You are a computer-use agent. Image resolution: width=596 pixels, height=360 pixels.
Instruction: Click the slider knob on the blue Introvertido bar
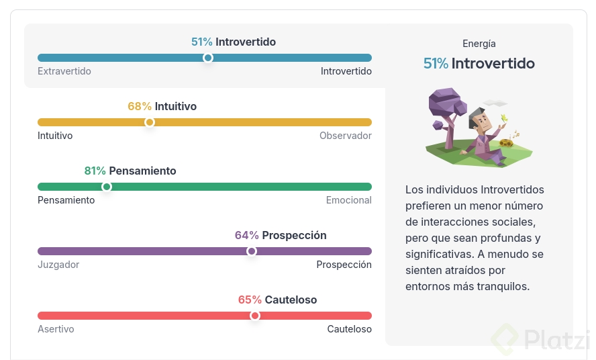pyautogui.click(x=208, y=58)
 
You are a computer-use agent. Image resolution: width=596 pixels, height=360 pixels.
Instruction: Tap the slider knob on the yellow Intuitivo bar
pyautogui.click(x=150, y=122)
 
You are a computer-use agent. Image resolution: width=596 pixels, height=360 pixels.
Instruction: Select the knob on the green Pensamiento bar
pyautogui.click(x=107, y=187)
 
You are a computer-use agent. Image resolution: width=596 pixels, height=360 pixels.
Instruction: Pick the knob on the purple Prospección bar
pyautogui.click(x=251, y=251)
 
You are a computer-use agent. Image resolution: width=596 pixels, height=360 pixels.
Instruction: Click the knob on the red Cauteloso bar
pyautogui.click(x=255, y=316)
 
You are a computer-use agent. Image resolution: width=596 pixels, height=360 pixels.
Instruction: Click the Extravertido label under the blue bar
pyautogui.click(x=64, y=71)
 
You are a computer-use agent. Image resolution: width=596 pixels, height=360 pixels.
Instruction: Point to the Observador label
pyautogui.click(x=346, y=136)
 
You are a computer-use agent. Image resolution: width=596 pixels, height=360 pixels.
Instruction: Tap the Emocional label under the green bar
pyautogui.click(x=348, y=200)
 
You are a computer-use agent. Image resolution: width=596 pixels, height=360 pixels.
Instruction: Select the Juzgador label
pyautogui.click(x=58, y=265)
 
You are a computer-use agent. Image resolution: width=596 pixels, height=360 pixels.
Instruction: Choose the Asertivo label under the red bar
pyautogui.click(x=56, y=329)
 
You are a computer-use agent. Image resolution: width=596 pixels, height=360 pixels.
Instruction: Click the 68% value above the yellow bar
pyautogui.click(x=140, y=106)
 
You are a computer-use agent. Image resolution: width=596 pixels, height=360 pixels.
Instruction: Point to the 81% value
pyautogui.click(x=95, y=171)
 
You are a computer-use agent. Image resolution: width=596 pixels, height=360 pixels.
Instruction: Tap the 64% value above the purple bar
pyautogui.click(x=247, y=235)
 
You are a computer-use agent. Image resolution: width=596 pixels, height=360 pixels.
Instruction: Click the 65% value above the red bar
pyautogui.click(x=250, y=300)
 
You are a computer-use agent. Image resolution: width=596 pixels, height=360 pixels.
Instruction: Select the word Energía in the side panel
pyautogui.click(x=479, y=44)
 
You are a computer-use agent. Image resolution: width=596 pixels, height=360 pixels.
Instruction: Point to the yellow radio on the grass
pyautogui.click(x=506, y=142)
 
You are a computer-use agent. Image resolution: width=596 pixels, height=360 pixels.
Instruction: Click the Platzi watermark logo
pyautogui.click(x=505, y=339)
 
